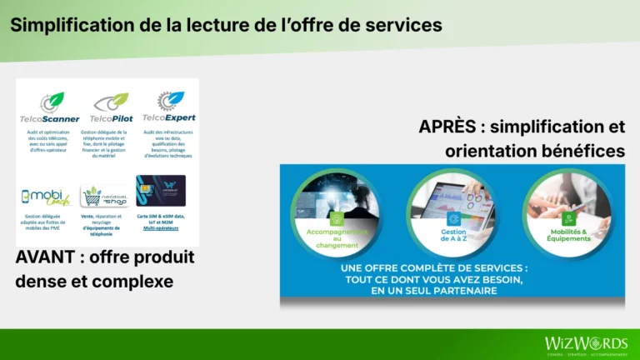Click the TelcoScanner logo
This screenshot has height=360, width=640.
pyautogui.click(x=50, y=107)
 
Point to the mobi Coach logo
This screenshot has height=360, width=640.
pyautogui.click(x=46, y=197)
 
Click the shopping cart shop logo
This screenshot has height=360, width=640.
pyautogui.click(x=105, y=196)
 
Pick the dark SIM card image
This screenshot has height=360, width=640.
pyautogui.click(x=161, y=191)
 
